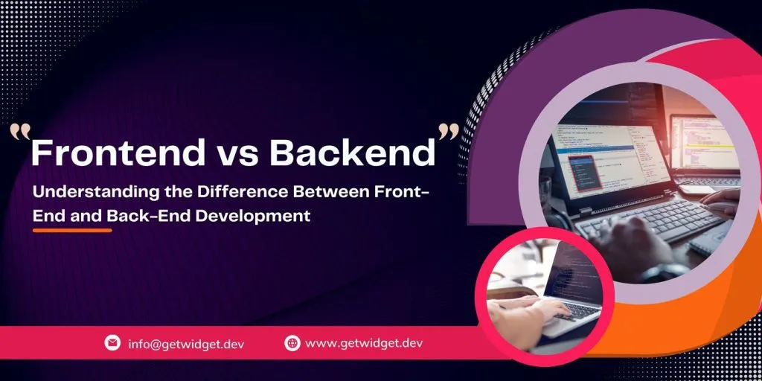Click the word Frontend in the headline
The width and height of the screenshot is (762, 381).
118,152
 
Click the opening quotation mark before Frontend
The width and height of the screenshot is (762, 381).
20,133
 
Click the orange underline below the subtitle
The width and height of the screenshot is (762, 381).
72,231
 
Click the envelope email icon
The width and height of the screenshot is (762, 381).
112,343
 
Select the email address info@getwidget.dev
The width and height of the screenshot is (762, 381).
186,344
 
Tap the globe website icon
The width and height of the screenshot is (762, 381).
292,343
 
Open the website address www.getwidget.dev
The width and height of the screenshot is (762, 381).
364,344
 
